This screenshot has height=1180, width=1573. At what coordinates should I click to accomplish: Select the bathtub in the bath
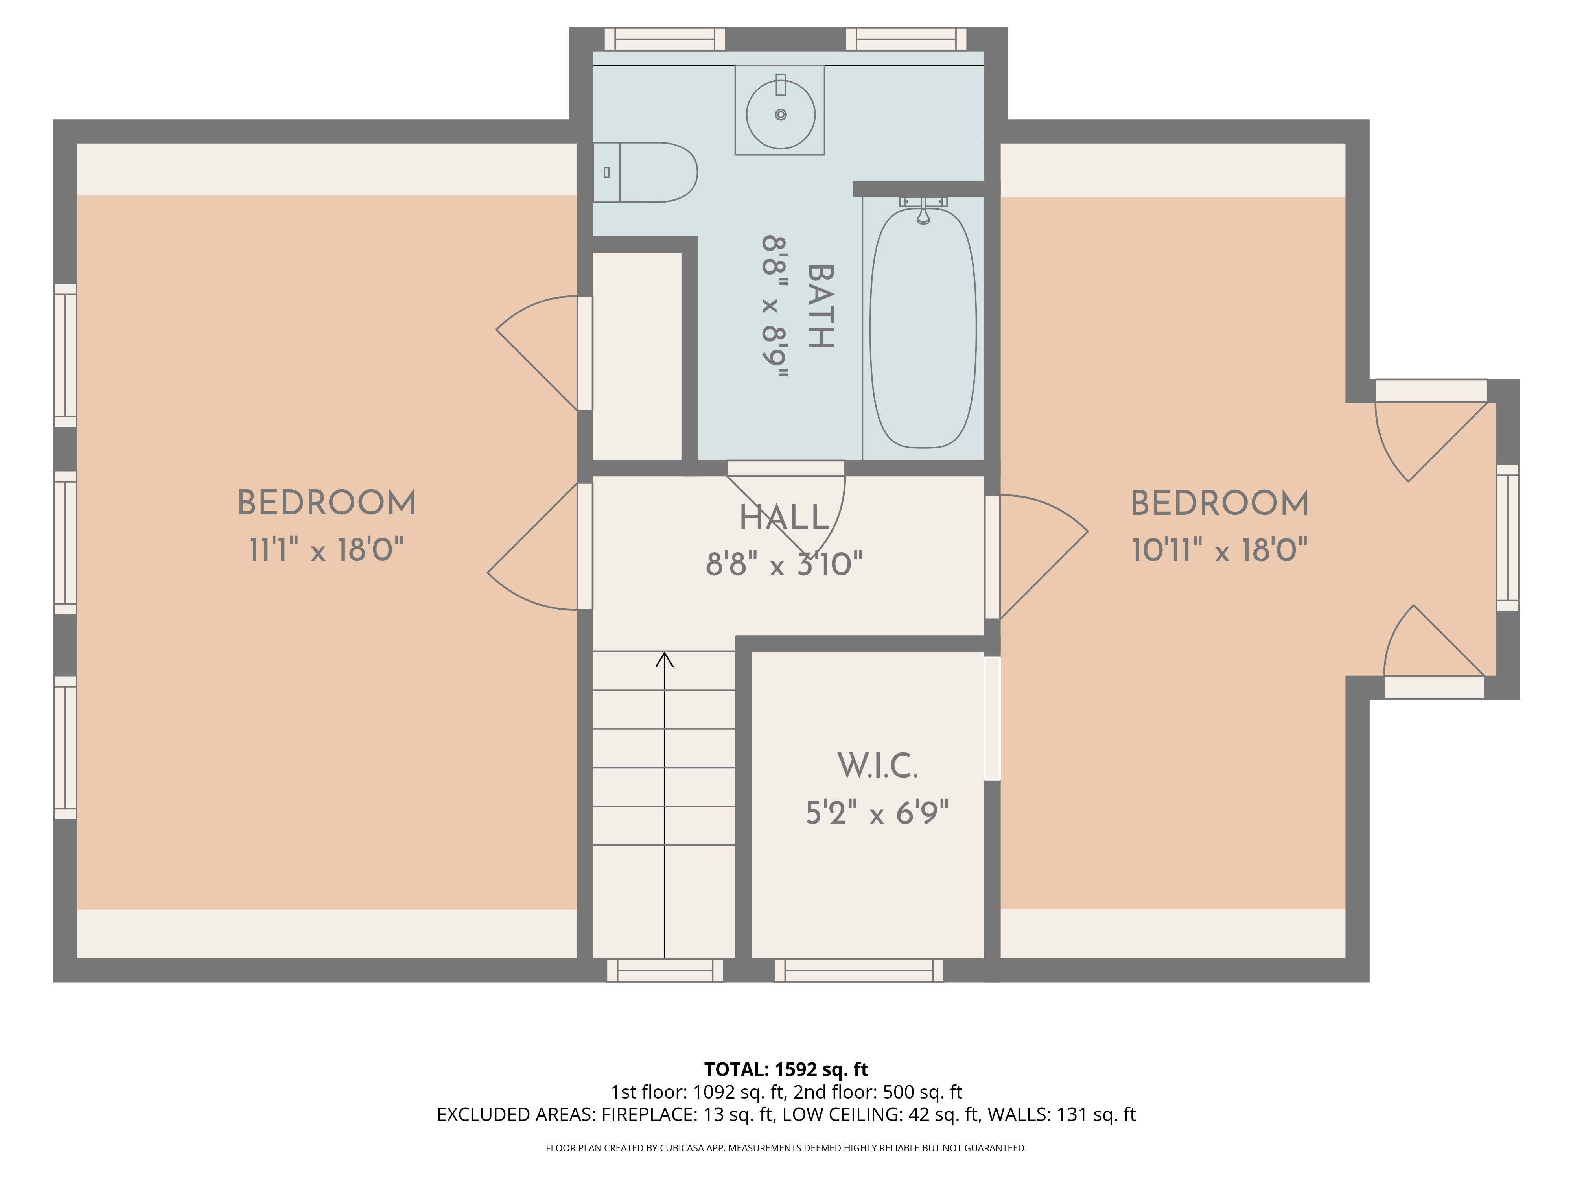point(923,327)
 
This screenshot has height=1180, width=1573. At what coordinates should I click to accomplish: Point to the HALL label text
point(785,517)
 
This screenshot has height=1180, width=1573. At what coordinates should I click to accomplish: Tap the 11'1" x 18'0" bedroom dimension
point(326,550)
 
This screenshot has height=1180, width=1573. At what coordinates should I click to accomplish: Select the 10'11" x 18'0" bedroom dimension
point(1219,550)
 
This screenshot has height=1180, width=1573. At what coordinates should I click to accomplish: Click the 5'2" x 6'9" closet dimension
point(877,812)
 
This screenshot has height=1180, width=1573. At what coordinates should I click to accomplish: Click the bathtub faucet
point(923,210)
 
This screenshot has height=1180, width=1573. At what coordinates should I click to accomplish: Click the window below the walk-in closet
point(858,970)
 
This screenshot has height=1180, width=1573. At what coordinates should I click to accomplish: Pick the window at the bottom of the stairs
point(665,970)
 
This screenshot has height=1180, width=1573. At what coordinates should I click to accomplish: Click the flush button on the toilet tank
point(606,172)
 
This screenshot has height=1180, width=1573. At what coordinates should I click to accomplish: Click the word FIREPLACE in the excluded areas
point(648,1115)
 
